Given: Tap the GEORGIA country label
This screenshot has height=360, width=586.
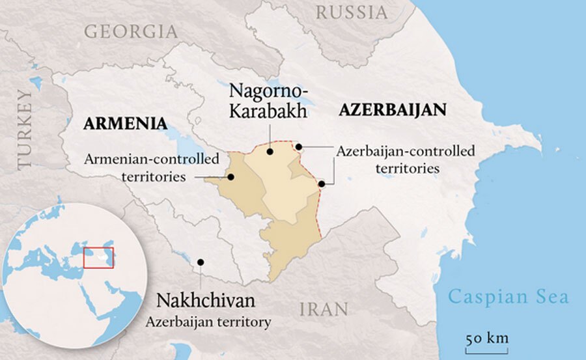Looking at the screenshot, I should coord(130,31).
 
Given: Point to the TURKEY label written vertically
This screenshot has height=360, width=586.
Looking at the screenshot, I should coord(25,130).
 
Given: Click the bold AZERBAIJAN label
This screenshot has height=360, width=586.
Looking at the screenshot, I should coord(392,110).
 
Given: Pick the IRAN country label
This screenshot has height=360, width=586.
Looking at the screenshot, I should coord(323,308).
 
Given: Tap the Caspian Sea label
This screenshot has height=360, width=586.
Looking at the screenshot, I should coord(509,298).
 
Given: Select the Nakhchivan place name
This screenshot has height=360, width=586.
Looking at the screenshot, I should coord(206,302).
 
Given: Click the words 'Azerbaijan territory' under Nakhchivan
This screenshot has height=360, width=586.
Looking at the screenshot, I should coord(208,322).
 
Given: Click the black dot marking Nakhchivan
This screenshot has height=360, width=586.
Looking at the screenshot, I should coord(201,262).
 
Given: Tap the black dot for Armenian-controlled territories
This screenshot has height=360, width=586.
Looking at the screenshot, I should coord(229,176).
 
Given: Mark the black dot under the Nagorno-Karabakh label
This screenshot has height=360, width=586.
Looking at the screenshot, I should coord(270,152).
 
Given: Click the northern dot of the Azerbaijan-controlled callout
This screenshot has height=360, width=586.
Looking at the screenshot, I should coord(299,147).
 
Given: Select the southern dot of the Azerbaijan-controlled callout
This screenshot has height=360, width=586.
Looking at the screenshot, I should coord(322,184).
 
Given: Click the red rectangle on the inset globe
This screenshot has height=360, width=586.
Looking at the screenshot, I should coord(98,257).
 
